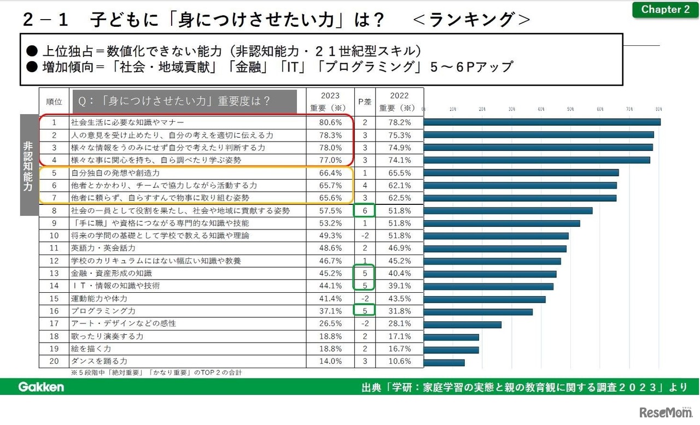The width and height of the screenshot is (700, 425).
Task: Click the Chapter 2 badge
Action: tap(665, 9)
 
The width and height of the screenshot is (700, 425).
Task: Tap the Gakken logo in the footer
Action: tap(41, 387)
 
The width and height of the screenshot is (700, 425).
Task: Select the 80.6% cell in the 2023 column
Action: tap(330, 122)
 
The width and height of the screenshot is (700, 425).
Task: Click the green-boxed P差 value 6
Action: tap(365, 210)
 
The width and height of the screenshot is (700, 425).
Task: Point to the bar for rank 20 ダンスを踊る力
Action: tap(444, 362)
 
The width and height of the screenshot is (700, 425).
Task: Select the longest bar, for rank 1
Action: tap(541, 122)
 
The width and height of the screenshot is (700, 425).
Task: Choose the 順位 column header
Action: tap(54, 101)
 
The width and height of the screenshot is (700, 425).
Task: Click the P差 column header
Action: tap(365, 101)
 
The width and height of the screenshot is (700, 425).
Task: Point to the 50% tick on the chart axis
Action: tap(570, 109)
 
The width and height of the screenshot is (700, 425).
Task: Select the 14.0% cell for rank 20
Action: tap(330, 361)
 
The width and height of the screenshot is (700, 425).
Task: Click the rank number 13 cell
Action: tap(54, 273)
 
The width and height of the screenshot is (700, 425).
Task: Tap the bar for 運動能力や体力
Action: tap(485, 299)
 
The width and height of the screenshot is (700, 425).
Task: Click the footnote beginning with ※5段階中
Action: tap(156, 373)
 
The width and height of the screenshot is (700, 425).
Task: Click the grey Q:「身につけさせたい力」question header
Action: tap(184, 101)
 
